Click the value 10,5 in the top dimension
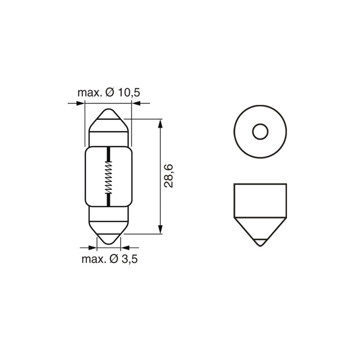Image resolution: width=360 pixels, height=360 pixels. point(128,93)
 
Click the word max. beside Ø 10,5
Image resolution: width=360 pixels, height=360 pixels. point(89,93)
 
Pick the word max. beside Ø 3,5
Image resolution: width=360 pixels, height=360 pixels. point(93,259)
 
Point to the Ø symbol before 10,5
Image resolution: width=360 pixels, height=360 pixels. point(110,93)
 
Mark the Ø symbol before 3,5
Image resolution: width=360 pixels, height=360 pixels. point(114,259)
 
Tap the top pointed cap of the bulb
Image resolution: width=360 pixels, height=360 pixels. point(109,118)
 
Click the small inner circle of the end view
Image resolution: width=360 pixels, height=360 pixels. point(260,132)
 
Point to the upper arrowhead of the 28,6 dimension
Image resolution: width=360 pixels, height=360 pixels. point(160,123)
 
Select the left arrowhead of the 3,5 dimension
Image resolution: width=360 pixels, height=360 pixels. point(93,247)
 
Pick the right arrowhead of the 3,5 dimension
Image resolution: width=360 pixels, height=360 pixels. point(125,247)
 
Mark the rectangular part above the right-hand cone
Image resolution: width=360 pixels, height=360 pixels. point(260,199)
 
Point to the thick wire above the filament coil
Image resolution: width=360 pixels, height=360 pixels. point(109,154)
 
